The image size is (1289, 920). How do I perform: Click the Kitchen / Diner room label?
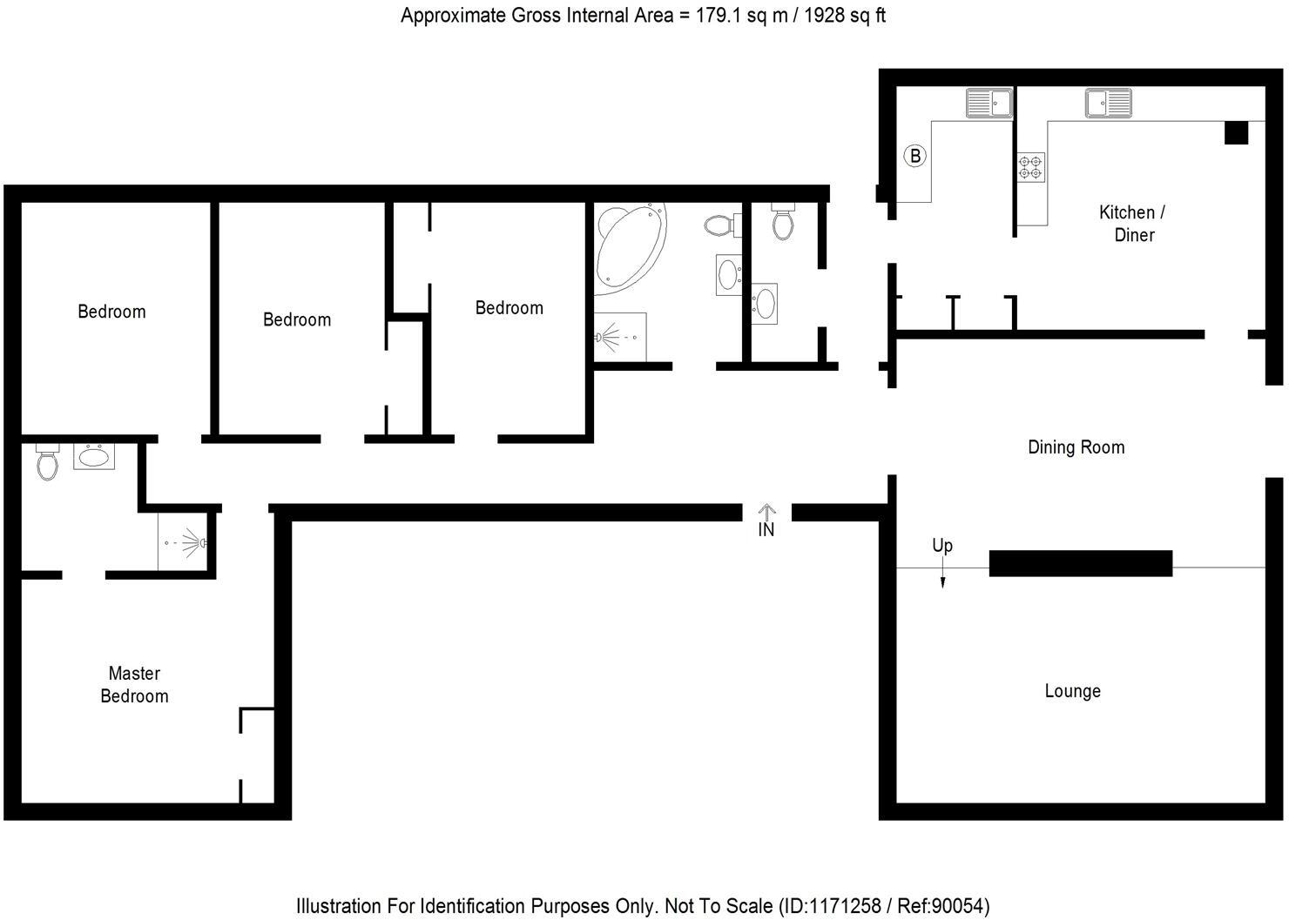pos(1133,224)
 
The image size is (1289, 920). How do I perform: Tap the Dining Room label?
pos(1076,447)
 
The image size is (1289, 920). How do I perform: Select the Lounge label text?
pos(1072,691)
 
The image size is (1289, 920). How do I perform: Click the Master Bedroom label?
pos(134,685)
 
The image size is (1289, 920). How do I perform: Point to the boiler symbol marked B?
pos(914,157)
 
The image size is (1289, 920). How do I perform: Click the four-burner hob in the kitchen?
pos(1031,167)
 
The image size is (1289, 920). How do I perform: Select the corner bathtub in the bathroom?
pos(631,246)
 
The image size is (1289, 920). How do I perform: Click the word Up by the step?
pos(942,546)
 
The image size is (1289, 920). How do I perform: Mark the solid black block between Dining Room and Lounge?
pos(1080,563)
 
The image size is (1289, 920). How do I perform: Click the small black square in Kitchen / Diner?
pos(1236,133)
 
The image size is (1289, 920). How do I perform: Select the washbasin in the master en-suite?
pos(94,456)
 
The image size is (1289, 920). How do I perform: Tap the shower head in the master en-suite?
pos(201,543)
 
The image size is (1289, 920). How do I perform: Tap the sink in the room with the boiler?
pos(989,103)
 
